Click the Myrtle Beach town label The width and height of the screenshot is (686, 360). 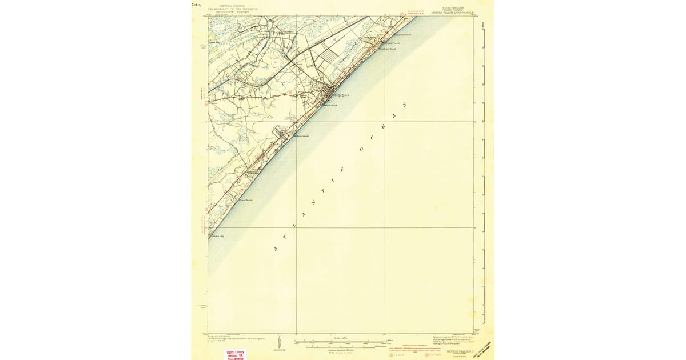click(341, 95)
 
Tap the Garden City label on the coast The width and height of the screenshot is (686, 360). click(216, 236)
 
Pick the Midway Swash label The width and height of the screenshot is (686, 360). click(301, 136)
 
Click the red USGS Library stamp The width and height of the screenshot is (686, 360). click(236, 354)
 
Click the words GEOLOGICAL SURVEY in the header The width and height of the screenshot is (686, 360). click(233, 12)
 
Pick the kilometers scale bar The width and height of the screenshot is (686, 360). click(341, 346)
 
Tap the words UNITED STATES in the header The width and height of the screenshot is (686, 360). click(233, 6)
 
